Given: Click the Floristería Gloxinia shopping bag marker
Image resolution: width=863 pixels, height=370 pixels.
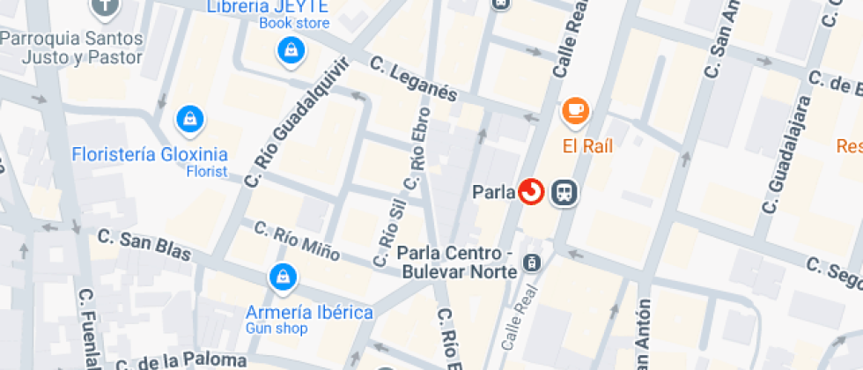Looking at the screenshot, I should pos(189,117).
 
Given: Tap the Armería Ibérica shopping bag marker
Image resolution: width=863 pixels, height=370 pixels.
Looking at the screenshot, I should pos(282,277).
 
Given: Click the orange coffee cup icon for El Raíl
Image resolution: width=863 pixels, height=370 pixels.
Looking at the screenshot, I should pos(576,111).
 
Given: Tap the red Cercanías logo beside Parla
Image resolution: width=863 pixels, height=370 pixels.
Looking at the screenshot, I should pos(531,191).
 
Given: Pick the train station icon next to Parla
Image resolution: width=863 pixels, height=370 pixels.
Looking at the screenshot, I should pos(564,192).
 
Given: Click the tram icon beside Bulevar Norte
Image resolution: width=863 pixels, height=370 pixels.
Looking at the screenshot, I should pos(532,263).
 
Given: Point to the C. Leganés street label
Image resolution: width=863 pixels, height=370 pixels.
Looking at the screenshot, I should pos(414,79).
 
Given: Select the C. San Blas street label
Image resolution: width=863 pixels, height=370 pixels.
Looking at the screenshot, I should pos(144,244).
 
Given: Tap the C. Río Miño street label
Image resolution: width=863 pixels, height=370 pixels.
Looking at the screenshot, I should pos(297,240).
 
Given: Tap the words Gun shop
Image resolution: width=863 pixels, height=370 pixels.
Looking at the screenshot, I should pos(277,329).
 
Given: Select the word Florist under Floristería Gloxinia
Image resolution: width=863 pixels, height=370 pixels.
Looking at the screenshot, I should pos(207,171).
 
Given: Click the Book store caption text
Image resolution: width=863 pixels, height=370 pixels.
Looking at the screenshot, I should pos(294,24).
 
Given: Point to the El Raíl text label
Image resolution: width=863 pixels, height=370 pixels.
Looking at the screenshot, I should pos(588,145).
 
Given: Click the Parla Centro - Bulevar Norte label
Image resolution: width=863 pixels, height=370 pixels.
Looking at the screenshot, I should pos(455,262).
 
